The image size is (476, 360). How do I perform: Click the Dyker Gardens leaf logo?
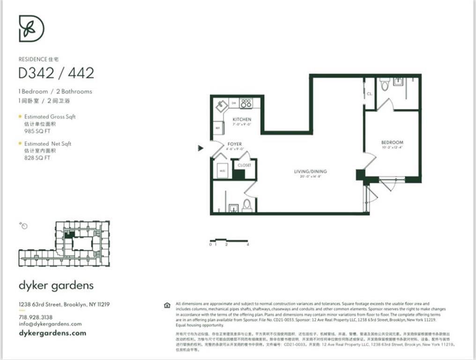[x=31, y=28]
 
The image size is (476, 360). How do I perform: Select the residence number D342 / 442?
[x=56, y=73]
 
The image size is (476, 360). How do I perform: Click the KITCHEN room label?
[x=242, y=120]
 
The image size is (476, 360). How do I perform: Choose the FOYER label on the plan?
[x=234, y=144]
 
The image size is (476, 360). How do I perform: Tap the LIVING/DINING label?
[x=310, y=172]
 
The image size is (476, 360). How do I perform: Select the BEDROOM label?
[x=392, y=142]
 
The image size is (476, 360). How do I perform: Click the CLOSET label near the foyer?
[x=244, y=165]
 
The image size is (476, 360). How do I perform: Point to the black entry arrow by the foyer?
[x=201, y=148]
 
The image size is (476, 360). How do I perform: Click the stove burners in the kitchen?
[x=245, y=103]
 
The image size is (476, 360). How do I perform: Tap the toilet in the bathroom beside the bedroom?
[x=385, y=85]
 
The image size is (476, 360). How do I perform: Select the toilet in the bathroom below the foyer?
[x=247, y=205]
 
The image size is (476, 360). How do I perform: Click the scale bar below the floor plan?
[x=228, y=241]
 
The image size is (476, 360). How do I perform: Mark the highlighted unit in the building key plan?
[x=69, y=235]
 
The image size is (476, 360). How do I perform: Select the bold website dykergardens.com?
[x=52, y=333]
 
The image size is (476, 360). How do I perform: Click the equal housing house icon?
[x=167, y=305]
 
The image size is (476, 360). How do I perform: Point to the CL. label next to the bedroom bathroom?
[x=369, y=94]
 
